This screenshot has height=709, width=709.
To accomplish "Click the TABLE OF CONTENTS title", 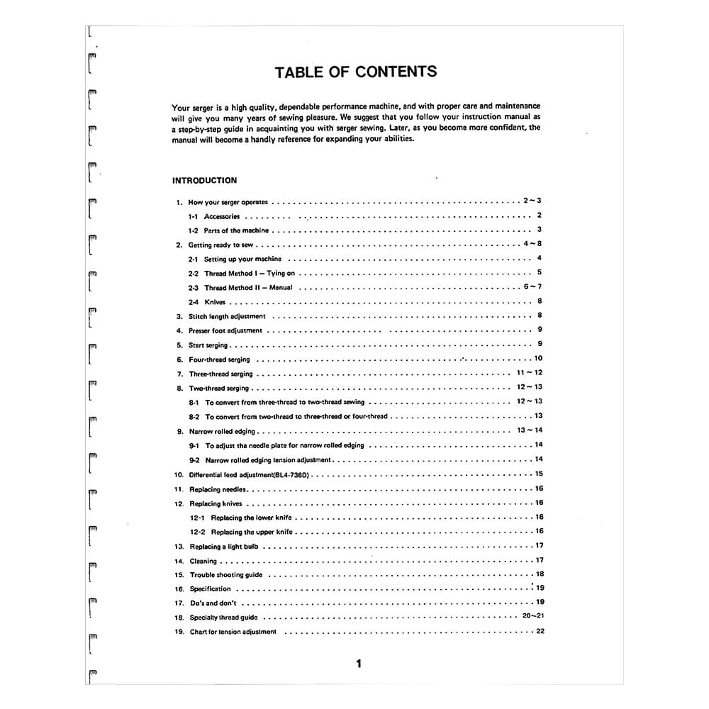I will [355, 72].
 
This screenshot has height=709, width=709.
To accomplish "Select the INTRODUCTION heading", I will [204, 180].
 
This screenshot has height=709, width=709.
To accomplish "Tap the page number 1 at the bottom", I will [359, 664].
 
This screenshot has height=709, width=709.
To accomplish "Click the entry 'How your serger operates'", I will [228, 202].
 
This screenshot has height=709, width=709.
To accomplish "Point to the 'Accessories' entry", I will [222, 216].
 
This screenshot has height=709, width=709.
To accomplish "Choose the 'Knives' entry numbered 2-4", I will [215, 302].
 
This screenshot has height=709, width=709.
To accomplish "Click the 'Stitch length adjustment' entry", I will [227, 316].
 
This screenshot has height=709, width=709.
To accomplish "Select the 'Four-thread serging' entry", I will [219, 359].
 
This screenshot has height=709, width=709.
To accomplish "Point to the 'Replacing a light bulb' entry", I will [224, 547].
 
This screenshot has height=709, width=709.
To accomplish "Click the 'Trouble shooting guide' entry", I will [225, 575].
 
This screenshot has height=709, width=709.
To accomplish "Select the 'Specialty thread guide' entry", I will [223, 618].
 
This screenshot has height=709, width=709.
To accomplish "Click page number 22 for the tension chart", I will [540, 631].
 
